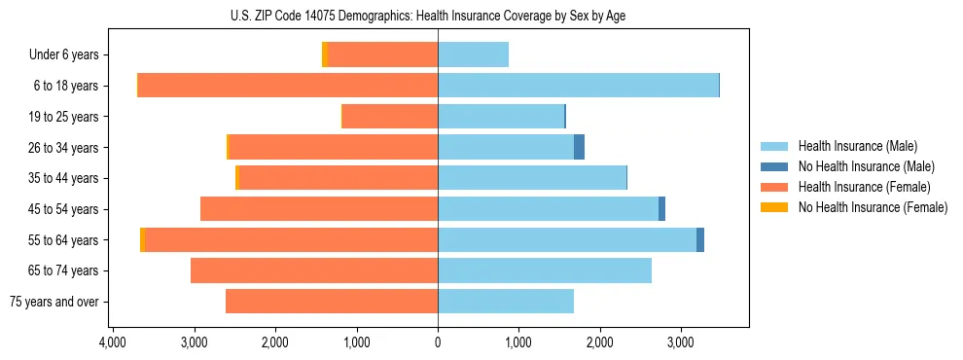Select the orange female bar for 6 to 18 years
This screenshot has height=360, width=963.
(288, 86)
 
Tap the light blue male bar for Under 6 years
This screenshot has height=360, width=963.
(473, 54)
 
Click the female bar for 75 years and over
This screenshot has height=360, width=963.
(332, 302)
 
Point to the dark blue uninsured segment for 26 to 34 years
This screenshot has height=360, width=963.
(579, 147)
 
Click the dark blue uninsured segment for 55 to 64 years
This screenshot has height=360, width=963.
(700, 239)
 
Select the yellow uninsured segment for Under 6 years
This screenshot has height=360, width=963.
(325, 54)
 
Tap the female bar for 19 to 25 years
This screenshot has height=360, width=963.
(390, 117)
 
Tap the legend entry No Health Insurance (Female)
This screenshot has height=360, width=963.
(872, 207)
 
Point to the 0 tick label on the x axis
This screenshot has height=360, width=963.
(438, 342)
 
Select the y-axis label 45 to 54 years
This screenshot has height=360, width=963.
(64, 209)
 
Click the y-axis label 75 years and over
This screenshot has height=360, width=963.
(53, 302)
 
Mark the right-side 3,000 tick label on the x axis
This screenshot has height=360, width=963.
(681, 342)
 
